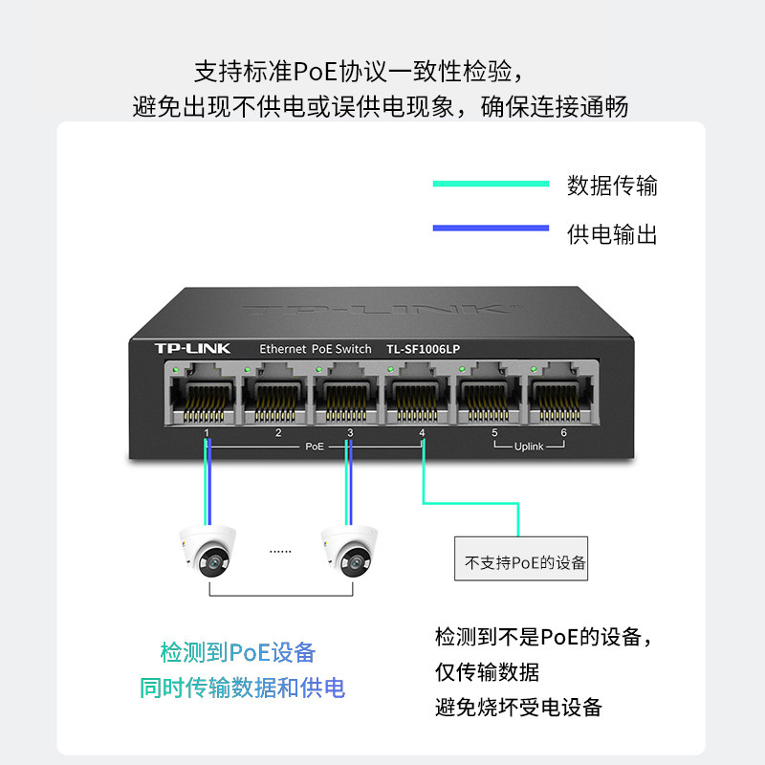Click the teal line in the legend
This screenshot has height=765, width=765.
click(491, 184)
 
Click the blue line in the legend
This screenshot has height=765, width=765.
click(491, 229)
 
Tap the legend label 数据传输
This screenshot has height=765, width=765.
click(612, 185)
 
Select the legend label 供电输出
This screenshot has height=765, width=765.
click(612, 233)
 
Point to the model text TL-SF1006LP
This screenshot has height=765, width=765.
click(429, 349)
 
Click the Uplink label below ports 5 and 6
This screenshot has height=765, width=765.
click(529, 447)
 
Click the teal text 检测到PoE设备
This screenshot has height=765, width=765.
click(238, 653)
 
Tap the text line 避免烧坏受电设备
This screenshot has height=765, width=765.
click(518, 708)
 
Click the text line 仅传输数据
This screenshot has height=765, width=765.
click(487, 672)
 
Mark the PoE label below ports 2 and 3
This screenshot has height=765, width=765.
click(315, 447)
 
